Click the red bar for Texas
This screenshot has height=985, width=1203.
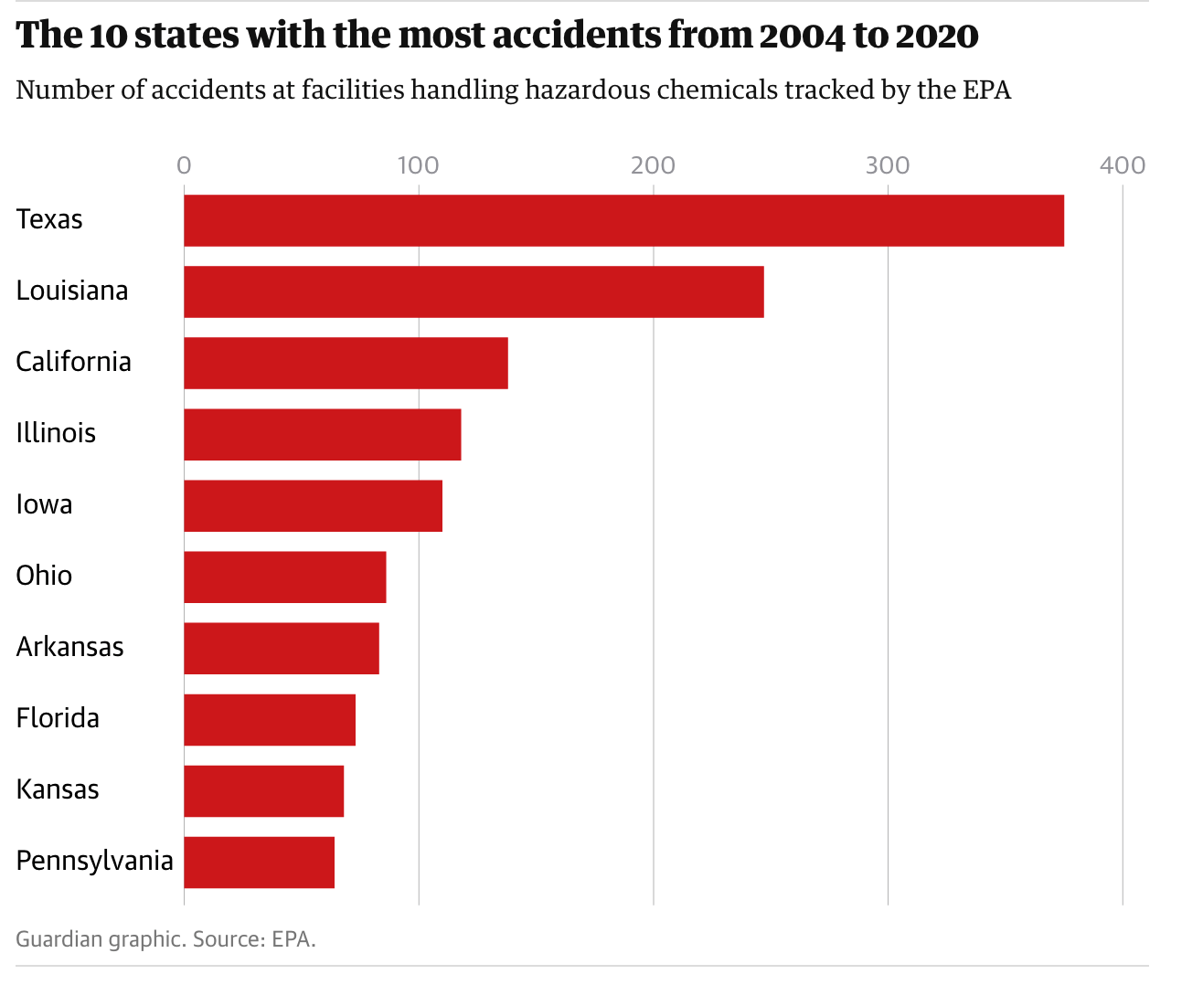pyautogui.click(x=623, y=220)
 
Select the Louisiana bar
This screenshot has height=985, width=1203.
pyautogui.click(x=474, y=291)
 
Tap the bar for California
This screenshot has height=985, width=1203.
pyautogui.click(x=346, y=363)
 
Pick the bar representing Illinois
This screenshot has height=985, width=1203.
pyautogui.click(x=322, y=434)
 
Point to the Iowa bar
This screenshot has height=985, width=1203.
pyautogui.click(x=313, y=505)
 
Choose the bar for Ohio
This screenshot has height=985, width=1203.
pyautogui.click(x=284, y=577)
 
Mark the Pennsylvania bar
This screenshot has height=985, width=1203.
pyautogui.click(x=259, y=862)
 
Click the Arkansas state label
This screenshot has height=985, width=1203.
pyautogui.click(x=69, y=647)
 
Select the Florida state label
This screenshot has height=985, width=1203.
pyautogui.click(x=58, y=718)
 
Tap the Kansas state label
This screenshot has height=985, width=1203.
pyautogui.click(x=58, y=789)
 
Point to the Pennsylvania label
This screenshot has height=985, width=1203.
pyautogui.click(x=94, y=861)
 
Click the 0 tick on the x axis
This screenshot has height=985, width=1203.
pyautogui.click(x=184, y=165)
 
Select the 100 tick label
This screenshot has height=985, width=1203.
pyautogui.click(x=418, y=165)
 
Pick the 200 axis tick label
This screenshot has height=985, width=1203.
pyautogui.click(x=653, y=165)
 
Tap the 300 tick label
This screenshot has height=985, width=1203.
pyautogui.click(x=888, y=165)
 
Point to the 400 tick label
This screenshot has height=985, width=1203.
pyautogui.click(x=1123, y=165)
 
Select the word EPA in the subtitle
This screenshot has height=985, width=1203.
pyautogui.click(x=986, y=90)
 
